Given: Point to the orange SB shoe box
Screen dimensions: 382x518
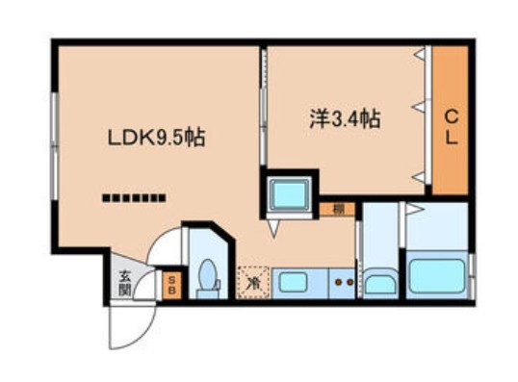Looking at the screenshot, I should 171,284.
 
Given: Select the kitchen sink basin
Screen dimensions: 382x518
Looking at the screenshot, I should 292,283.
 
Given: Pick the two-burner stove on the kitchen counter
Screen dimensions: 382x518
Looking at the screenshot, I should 342,283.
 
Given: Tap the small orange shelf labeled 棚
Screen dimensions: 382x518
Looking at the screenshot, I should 340,208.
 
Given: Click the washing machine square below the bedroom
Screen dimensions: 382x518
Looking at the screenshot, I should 290,195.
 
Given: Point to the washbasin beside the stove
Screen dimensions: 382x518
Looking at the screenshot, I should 380,283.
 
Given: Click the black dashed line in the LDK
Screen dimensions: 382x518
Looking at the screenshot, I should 135,199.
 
